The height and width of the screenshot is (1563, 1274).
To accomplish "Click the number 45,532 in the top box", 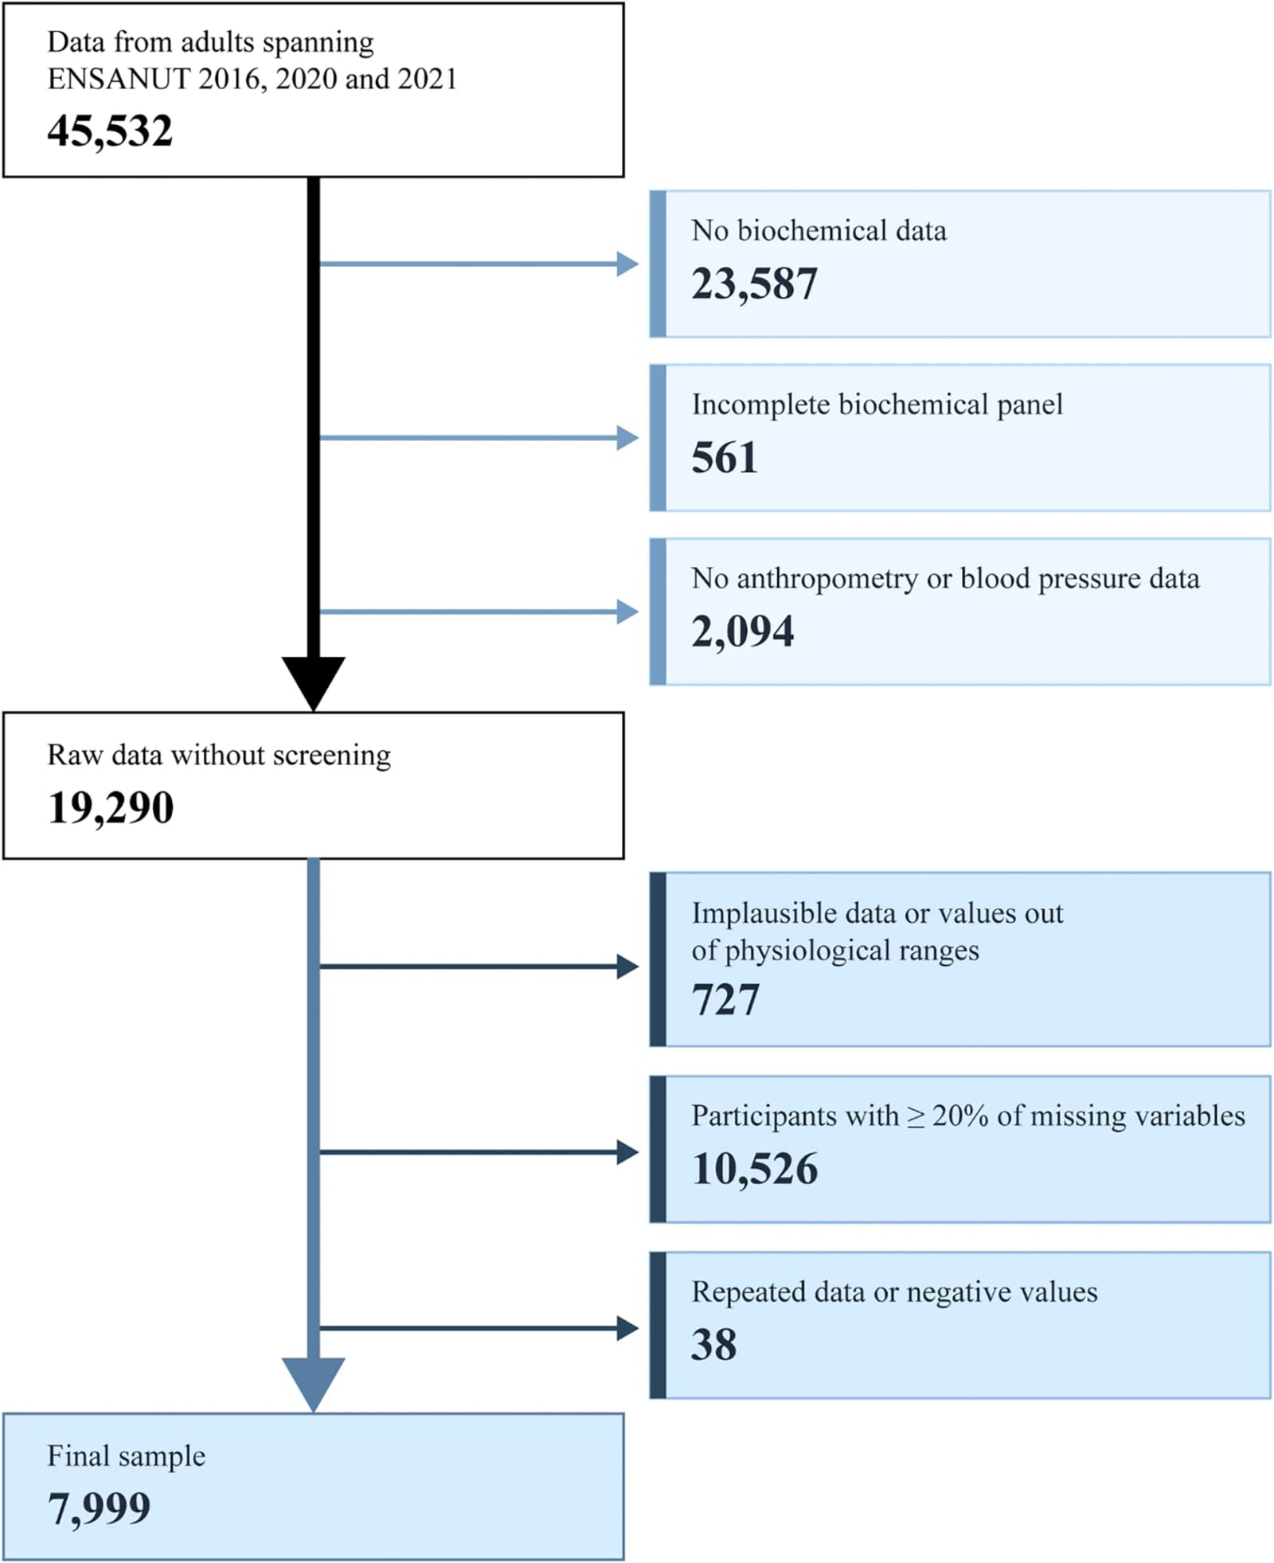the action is [110, 131].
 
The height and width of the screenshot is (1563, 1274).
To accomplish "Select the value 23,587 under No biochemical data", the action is [754, 284].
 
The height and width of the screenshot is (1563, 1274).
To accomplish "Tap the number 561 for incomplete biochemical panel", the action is [724, 458].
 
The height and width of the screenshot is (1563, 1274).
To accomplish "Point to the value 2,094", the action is [742, 631].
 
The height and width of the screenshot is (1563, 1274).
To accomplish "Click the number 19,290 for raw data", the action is [111, 808].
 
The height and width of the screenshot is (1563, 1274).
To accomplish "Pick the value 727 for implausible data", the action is [725, 1000].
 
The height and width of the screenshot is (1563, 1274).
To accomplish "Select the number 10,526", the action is [755, 1170].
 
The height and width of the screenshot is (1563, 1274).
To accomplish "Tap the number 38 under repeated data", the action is [713, 1345].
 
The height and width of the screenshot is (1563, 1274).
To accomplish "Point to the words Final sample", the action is [127, 1456].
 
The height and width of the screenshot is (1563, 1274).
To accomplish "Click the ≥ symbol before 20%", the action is [916, 1117].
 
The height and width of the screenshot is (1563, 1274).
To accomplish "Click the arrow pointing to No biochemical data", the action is [479, 264].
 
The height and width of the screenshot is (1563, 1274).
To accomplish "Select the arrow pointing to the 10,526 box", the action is [479, 1152].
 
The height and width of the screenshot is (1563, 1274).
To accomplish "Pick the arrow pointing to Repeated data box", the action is [479, 1328].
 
